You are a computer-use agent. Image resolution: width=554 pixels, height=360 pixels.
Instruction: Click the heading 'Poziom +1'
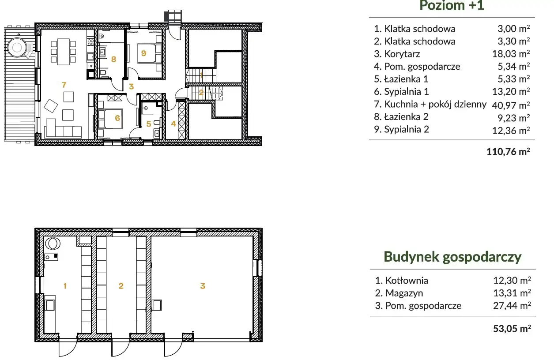[x=452, y=5]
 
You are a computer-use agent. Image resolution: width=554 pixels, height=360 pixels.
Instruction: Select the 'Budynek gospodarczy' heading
[x=452, y=257]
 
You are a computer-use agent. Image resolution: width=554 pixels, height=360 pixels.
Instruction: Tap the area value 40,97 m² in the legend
[x=511, y=105]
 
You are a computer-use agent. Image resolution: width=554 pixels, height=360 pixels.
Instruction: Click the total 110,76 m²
[x=508, y=152]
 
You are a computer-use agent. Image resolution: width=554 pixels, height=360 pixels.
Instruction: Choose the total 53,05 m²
[x=512, y=329]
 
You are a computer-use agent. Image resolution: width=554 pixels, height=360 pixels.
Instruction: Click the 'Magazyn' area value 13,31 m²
[x=512, y=293]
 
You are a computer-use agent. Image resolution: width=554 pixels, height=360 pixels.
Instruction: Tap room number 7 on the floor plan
[x=64, y=85]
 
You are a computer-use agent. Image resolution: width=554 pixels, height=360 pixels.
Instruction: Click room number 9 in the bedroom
[x=144, y=53]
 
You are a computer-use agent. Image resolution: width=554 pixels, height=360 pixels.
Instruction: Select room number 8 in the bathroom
[x=113, y=59]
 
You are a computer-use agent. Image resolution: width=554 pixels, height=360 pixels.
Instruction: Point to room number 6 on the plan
[x=117, y=118]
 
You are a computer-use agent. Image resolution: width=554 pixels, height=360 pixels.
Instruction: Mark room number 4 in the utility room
[x=173, y=124]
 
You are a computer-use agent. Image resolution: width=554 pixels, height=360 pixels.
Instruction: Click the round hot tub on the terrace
[x=17, y=47]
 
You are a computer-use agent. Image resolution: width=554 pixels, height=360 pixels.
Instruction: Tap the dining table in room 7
[x=64, y=52]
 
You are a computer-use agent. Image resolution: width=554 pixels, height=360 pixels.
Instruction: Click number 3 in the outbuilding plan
[x=203, y=286]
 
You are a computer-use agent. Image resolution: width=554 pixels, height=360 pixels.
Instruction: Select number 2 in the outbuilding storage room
[x=121, y=286]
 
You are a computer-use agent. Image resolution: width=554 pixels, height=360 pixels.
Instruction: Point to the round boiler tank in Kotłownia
[x=53, y=243]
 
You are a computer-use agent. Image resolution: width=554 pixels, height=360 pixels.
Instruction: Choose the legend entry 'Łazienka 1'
[x=401, y=79]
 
